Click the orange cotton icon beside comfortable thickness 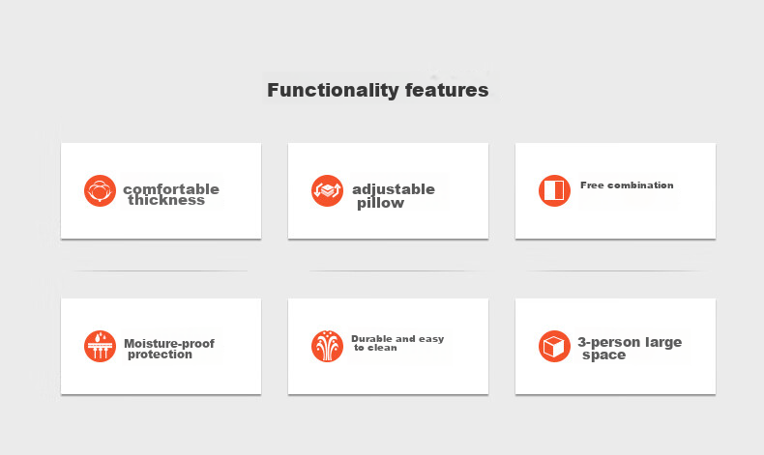coord(100,190)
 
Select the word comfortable coord(171,188)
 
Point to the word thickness coord(166,201)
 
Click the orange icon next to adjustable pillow coord(327,190)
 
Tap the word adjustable coord(394,189)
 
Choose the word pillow coord(380,203)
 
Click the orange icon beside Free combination coord(554,190)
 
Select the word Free coord(592,185)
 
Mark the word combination coord(640,185)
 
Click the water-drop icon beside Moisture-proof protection coord(100,347)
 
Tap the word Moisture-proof coord(169,344)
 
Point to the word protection coord(160,355)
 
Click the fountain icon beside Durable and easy coord(327,347)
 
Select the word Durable coord(371,339)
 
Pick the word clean coord(382,348)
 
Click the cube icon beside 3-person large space coord(554,347)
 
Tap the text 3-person coord(609,343)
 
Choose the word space coord(603,355)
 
